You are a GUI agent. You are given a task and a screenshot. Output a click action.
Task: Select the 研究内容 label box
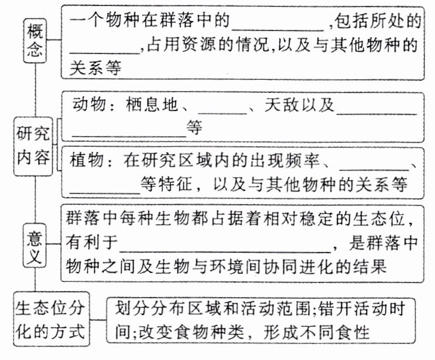pos(34,146)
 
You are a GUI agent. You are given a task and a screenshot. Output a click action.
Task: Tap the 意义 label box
pos(36,245)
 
